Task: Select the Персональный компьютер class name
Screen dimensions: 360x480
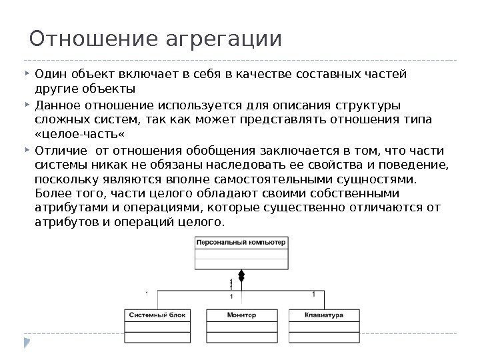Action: [x=241, y=243]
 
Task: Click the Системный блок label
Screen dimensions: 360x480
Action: [x=158, y=314]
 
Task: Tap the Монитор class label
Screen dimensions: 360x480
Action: [x=241, y=314]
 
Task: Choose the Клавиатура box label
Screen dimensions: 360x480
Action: [x=323, y=314]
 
